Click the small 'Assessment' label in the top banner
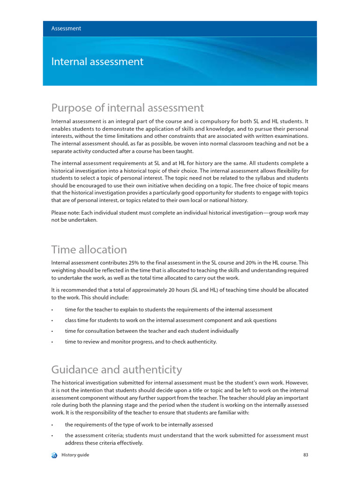click(x=66, y=29)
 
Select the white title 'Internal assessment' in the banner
click(x=97, y=62)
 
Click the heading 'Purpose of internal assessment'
click(x=127, y=108)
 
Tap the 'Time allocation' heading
click(x=89, y=249)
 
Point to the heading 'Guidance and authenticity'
click(x=116, y=369)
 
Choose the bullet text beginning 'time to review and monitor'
click(x=141, y=342)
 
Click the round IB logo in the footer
click(x=54, y=455)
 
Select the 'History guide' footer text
click(x=75, y=455)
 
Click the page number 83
click(x=305, y=455)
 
